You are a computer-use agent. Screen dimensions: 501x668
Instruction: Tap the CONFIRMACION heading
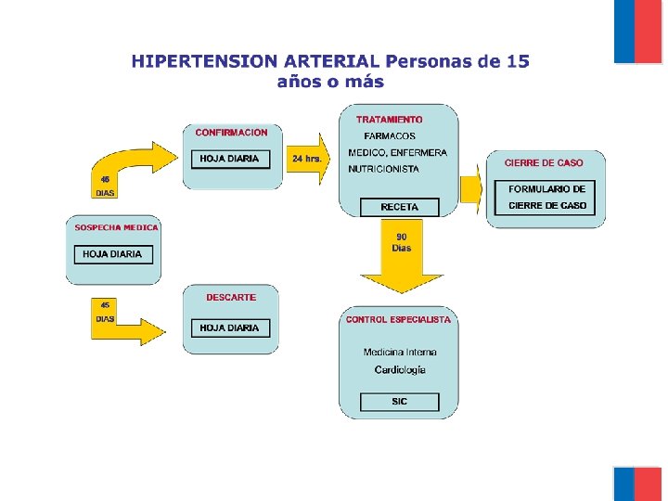(231, 133)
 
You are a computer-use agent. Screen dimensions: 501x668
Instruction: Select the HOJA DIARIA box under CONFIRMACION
(229, 159)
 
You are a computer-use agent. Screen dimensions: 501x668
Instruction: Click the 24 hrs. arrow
(307, 159)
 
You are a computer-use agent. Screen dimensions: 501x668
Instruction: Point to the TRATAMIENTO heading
(389, 120)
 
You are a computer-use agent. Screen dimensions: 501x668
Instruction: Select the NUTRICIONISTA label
(383, 169)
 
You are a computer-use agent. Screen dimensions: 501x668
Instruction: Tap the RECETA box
(399, 207)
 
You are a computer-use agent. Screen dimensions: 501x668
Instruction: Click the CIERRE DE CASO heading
(544, 162)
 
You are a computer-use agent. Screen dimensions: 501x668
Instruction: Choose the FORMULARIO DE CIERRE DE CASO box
(547, 197)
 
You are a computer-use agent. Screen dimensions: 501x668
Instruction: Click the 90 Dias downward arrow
(402, 255)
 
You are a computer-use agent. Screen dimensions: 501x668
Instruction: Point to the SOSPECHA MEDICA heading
(117, 227)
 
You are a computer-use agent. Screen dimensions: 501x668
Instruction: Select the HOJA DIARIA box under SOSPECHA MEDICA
(112, 253)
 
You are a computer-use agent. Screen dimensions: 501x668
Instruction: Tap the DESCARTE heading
(231, 298)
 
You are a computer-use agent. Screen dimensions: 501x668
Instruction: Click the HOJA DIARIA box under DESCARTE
(229, 328)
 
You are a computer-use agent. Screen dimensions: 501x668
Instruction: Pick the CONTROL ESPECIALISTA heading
(398, 319)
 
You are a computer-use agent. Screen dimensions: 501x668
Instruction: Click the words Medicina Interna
(400, 352)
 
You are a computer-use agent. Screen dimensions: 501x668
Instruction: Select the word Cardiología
(400, 369)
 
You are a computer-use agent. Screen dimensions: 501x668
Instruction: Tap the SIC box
(399, 402)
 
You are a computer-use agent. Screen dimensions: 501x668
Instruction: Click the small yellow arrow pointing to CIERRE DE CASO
(471, 189)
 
